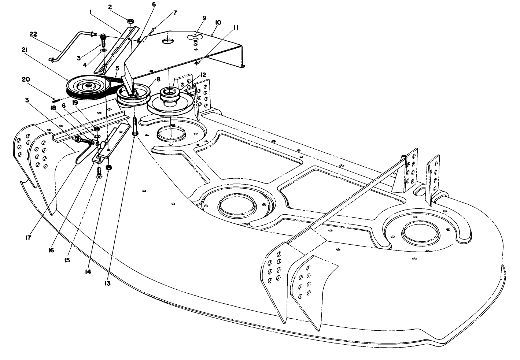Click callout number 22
click(x=33, y=34)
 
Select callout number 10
click(x=218, y=22)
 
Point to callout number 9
click(x=204, y=18)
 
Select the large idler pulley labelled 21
click(x=88, y=88)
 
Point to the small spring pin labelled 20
click(x=56, y=100)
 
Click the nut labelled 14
click(x=108, y=167)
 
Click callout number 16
click(x=51, y=250)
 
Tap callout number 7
click(x=175, y=13)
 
